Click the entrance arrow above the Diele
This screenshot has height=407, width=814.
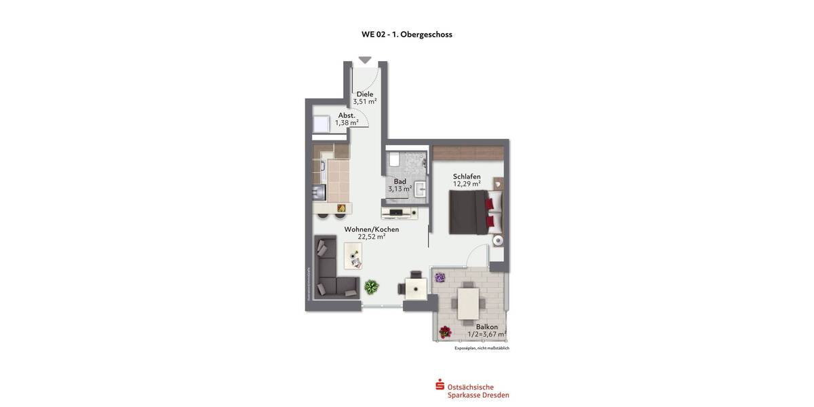coord(365,60)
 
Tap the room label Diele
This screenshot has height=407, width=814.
coord(365,94)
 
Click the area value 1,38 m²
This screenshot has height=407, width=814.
coord(347,123)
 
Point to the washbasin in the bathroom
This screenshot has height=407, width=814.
coord(420,189)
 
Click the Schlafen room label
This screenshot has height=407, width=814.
coord(467,176)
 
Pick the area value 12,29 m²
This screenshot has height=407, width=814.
coord(467,184)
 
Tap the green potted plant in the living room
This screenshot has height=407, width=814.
coord(371,286)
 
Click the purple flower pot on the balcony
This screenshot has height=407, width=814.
coord(440,277)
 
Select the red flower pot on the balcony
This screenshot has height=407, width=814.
coord(445,332)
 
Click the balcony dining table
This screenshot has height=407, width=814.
coord(469,304)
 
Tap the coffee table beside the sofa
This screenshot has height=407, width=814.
coord(353,255)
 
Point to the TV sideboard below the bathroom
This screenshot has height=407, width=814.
coord(400,213)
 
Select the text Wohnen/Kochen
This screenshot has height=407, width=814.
coord(372,229)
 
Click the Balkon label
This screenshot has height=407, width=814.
coord(486,326)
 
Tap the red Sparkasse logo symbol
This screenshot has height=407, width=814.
coord(440,386)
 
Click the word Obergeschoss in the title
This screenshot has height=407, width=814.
coord(426,34)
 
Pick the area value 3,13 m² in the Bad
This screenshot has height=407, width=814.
coord(400,189)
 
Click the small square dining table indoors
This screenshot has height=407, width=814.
coord(414,288)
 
